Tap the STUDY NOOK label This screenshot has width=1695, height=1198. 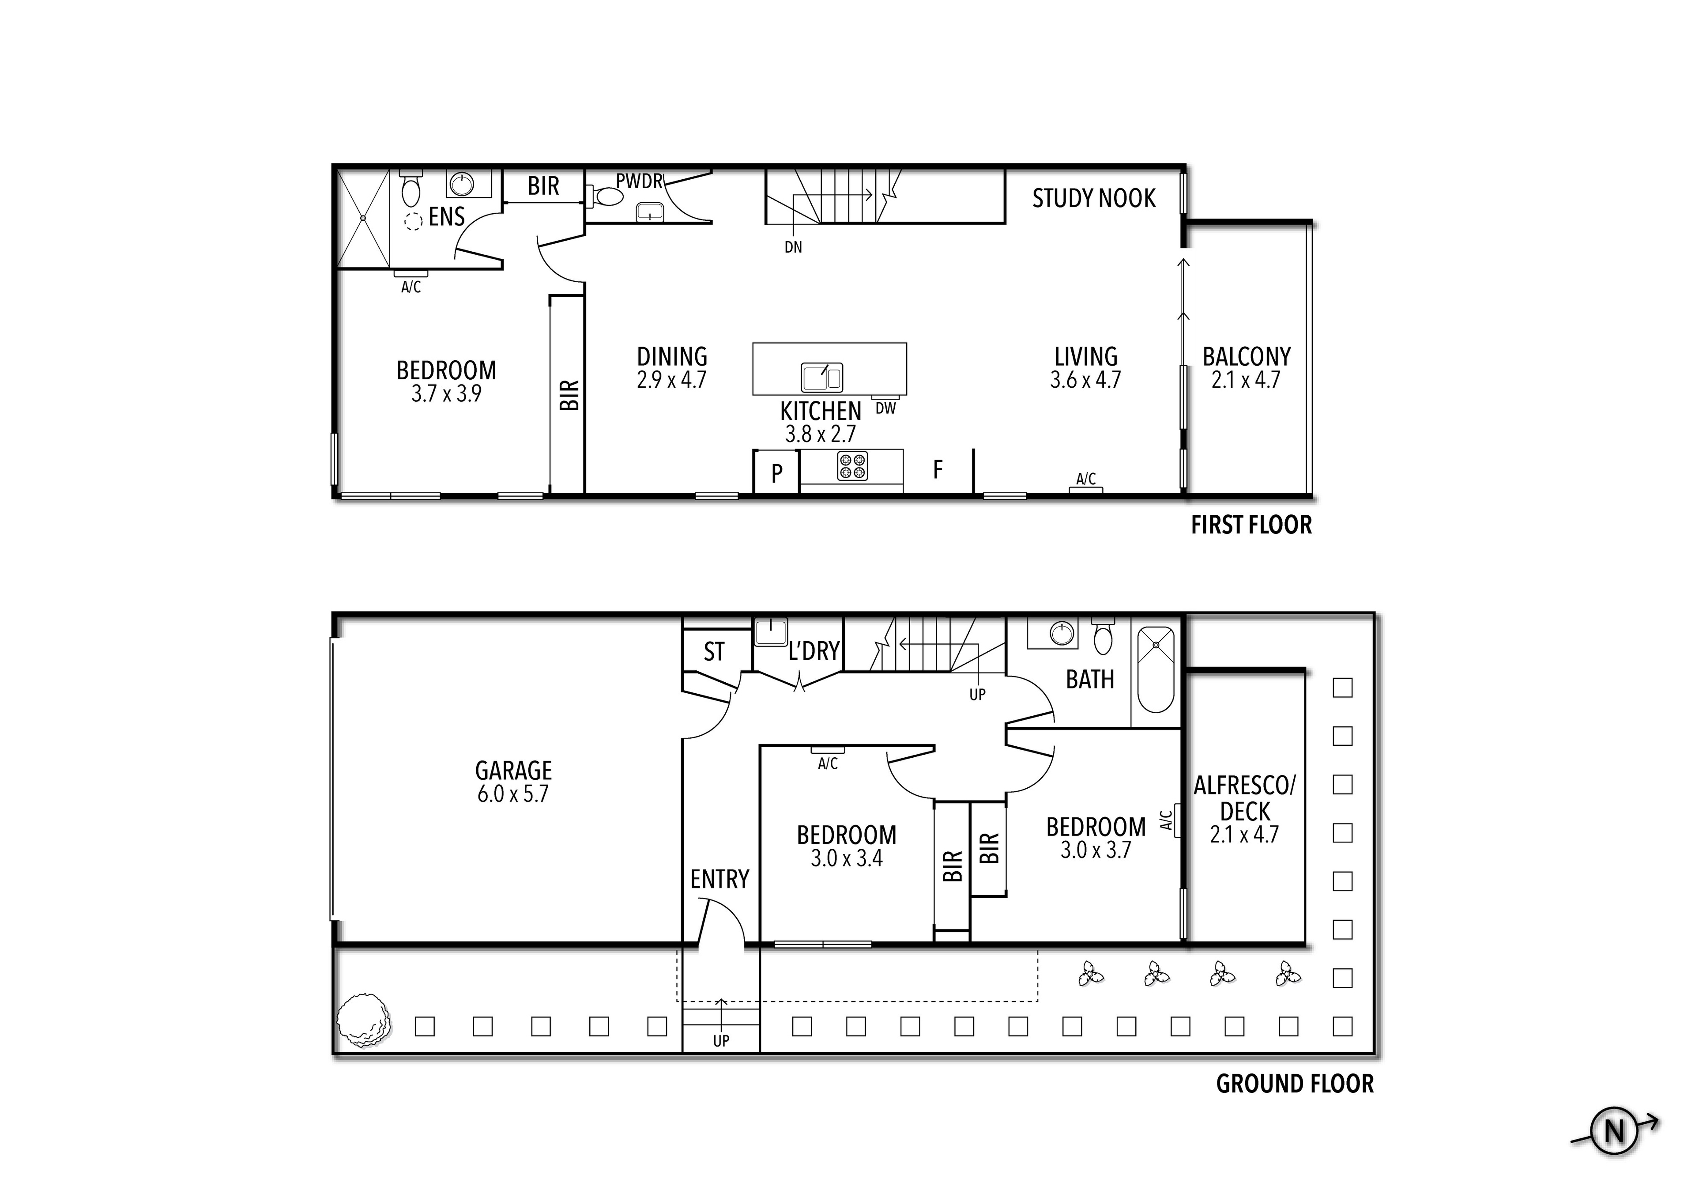click(1093, 198)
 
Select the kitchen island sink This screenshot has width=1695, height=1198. click(821, 378)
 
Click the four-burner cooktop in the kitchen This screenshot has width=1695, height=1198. click(852, 466)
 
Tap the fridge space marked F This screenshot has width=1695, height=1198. click(938, 469)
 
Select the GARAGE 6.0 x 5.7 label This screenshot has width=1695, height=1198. click(513, 782)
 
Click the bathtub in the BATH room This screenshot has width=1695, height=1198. click(1155, 669)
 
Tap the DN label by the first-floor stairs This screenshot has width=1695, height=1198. click(793, 247)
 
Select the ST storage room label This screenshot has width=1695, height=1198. click(714, 651)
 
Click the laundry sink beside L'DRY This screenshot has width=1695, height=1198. click(770, 633)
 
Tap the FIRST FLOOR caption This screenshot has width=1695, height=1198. click(1251, 525)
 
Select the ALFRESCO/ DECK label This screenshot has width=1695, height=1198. click(1245, 797)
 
